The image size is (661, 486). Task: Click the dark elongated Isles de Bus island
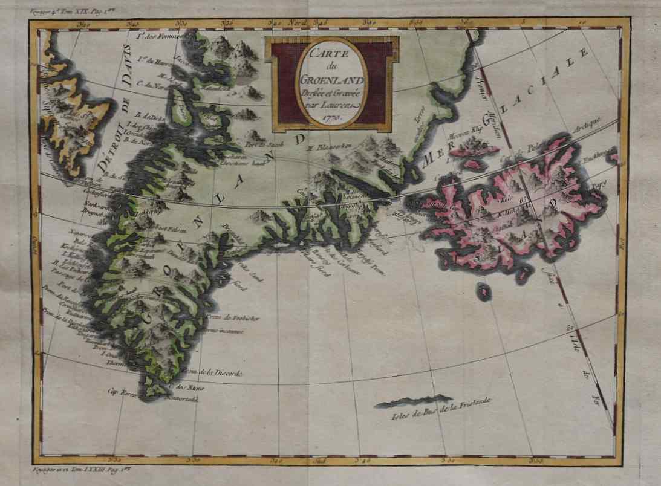(414, 401)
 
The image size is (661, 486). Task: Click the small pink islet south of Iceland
(483, 293)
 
